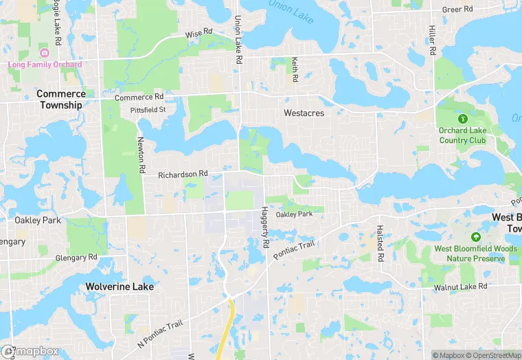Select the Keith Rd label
point(295,69)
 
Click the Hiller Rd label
point(432,41)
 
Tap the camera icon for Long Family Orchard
point(45,54)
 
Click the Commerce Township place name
point(60,100)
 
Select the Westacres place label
point(304,113)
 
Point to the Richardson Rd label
point(183,175)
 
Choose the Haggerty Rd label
point(264,228)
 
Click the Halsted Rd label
point(379,244)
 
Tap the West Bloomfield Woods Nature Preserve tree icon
point(475,236)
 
